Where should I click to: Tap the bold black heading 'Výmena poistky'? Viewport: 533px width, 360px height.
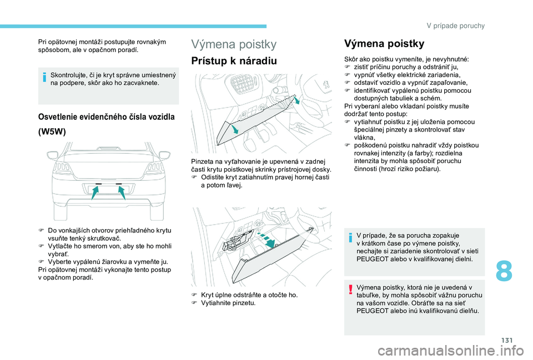pyautogui.click(x=384, y=43)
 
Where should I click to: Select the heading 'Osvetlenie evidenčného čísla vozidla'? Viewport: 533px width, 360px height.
pyautogui.click(x=106, y=117)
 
